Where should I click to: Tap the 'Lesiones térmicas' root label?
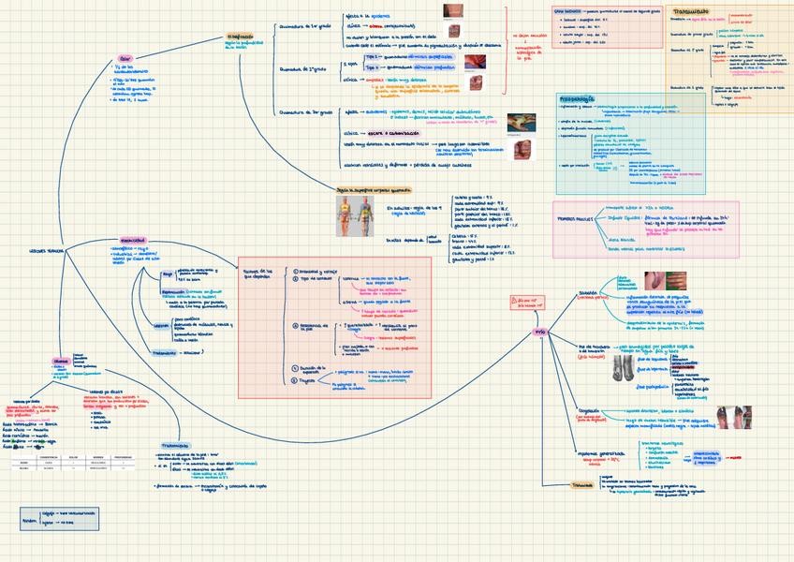pos(48,252)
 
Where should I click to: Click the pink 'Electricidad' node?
pos(133,239)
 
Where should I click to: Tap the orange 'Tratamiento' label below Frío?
pos(582,484)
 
